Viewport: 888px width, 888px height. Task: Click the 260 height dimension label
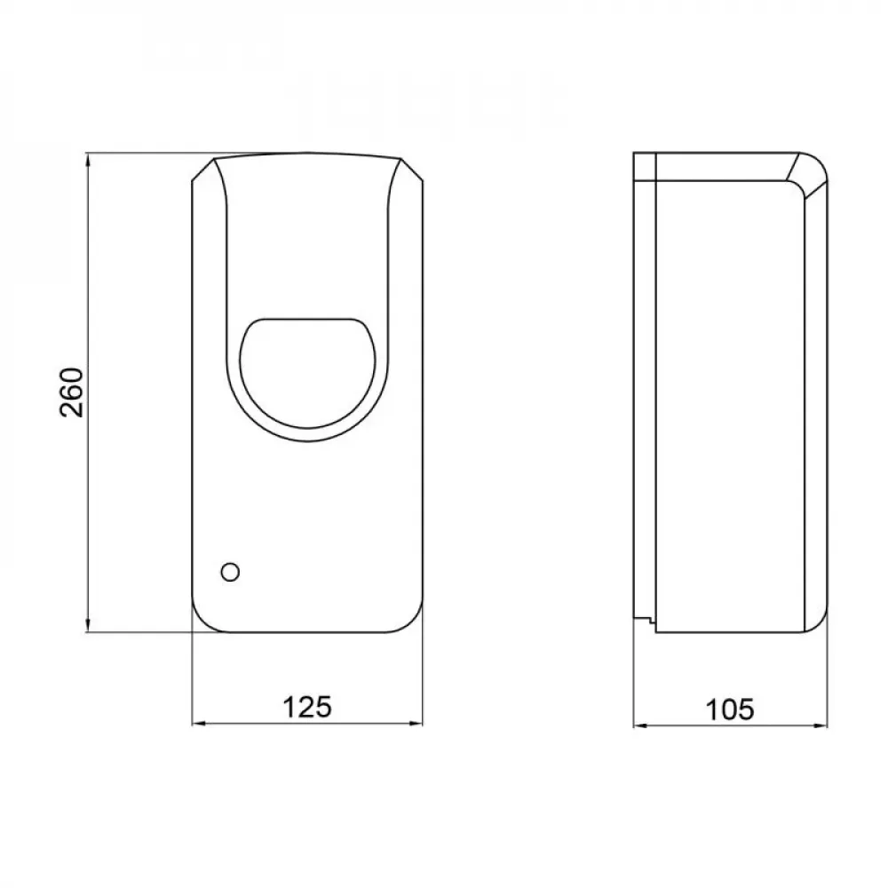72,392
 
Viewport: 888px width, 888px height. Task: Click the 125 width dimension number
307,707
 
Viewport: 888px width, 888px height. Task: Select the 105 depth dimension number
730,709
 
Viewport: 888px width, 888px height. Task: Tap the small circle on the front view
230,572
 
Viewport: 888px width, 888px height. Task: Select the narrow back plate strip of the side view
644,391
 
